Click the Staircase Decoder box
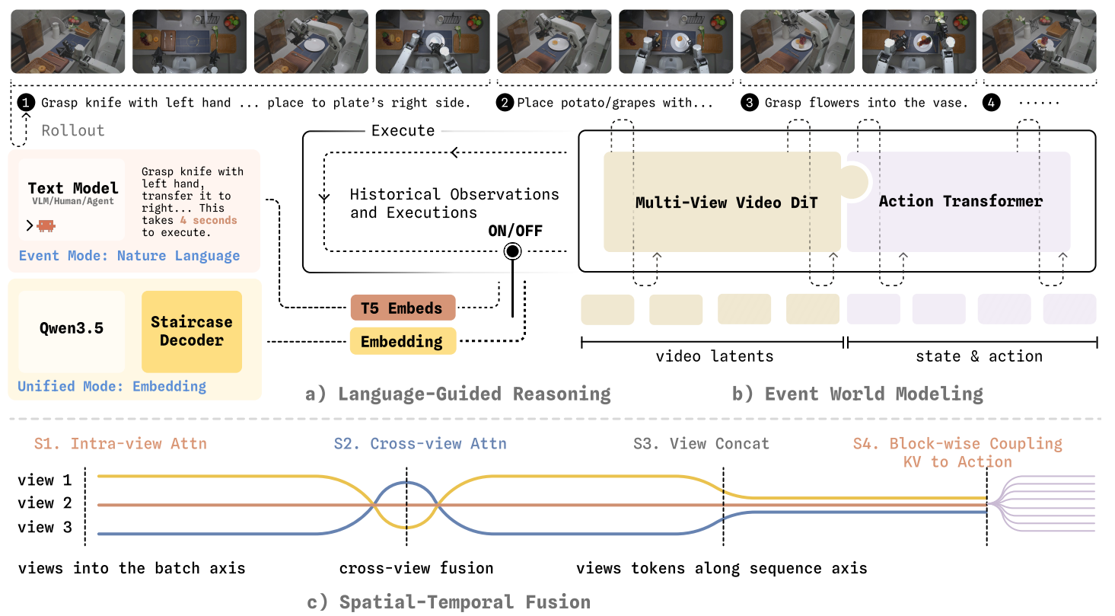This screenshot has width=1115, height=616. [x=192, y=331]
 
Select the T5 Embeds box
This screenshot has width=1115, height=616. [x=403, y=308]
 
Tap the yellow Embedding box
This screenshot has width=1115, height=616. [x=403, y=341]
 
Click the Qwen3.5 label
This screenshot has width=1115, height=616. [x=72, y=327]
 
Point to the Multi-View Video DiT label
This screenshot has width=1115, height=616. [x=726, y=203]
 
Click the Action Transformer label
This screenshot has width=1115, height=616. [x=960, y=201]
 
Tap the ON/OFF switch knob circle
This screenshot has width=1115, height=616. [x=512, y=251]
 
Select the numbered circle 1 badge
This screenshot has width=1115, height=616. [x=26, y=103]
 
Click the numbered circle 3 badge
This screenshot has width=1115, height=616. [x=750, y=103]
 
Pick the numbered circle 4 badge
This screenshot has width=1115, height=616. [x=991, y=103]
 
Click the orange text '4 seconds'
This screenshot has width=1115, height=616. [x=209, y=220]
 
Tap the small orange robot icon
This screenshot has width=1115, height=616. [x=46, y=225]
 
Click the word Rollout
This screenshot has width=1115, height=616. [x=73, y=130]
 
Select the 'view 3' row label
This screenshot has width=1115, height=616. [x=45, y=527]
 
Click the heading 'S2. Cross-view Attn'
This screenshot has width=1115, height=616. [x=420, y=443]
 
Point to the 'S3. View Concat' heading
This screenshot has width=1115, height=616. [x=701, y=443]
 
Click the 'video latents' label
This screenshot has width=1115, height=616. [x=715, y=356]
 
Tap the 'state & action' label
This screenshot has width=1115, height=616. [x=979, y=356]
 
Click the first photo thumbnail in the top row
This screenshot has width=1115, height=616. [x=68, y=41]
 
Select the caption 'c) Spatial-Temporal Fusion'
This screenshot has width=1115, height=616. [x=448, y=602]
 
